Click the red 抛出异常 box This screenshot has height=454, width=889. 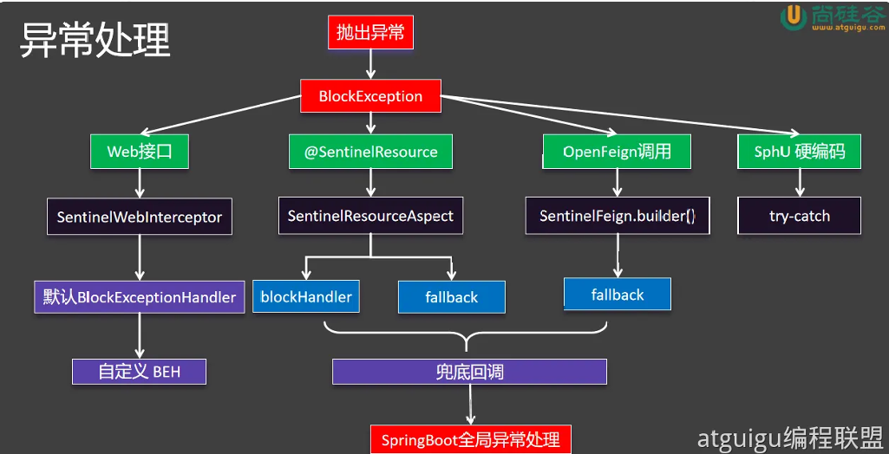371,33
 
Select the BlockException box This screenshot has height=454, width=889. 370,96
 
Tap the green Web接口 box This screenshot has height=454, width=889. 140,152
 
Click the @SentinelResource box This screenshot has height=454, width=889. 370,152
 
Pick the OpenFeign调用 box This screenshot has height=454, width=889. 617,152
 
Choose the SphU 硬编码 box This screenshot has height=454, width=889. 799,152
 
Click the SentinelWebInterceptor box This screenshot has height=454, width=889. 140,217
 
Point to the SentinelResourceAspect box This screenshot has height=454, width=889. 370,216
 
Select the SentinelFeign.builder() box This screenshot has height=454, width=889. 618,216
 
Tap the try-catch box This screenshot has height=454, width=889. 799,216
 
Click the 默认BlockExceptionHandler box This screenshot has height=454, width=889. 140,297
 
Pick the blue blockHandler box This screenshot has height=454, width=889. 306,297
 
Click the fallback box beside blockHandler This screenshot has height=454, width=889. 451,297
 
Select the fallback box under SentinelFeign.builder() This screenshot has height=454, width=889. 618,295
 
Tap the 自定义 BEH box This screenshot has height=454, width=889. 140,372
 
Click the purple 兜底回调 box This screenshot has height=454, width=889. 469,373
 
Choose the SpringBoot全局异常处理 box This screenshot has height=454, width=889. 470,439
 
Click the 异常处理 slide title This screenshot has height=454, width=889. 95,40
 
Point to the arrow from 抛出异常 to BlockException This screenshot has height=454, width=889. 371,63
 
